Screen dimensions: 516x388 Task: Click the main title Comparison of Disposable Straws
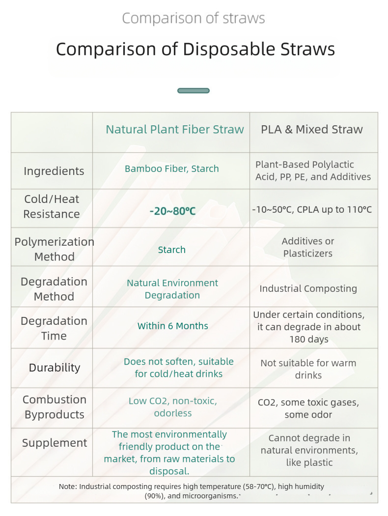pos(195,49)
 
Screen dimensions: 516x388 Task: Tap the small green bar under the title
pos(194,90)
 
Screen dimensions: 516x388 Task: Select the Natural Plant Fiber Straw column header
pos(175,129)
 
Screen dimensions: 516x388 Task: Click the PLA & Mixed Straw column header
pos(312,129)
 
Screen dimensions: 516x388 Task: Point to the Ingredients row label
pos(54,171)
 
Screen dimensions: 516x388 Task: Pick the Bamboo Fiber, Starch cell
pos(172,169)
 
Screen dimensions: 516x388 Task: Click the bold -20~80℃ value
pos(172,211)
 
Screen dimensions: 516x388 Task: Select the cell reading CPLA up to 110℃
pos(312,209)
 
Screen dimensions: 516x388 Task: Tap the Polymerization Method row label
pos(54,249)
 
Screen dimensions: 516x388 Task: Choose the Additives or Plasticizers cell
pos(308,247)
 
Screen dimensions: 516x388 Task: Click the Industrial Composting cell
pos(308,288)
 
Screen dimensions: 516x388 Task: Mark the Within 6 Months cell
pos(173,326)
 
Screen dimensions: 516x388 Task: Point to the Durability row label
pos(54,368)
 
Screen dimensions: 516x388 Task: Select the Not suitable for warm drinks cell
pos(308,369)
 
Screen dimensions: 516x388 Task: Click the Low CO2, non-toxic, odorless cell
pos(173,407)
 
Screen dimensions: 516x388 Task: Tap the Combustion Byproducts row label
pos(54,407)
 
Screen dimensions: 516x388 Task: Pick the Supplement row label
pos(54,443)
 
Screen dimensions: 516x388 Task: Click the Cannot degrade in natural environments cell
pos(309,450)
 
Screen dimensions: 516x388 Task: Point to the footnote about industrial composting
pos(192,491)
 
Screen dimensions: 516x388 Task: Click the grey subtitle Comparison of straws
pos(194,19)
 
